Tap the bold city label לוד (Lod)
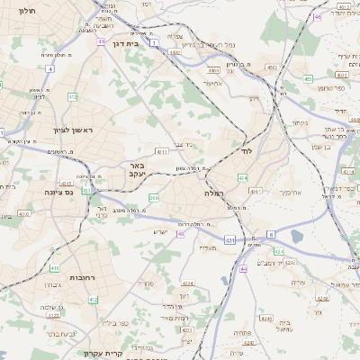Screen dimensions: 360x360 pyautogui.click(x=247, y=151)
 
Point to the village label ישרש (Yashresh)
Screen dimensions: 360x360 pyautogui.click(x=160, y=232)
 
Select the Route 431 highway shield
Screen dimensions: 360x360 pyautogui.click(x=229, y=240)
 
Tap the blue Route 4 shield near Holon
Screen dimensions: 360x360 pyautogui.click(x=50, y=68)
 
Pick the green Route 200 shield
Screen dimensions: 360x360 pyautogui.click(x=154, y=197)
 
